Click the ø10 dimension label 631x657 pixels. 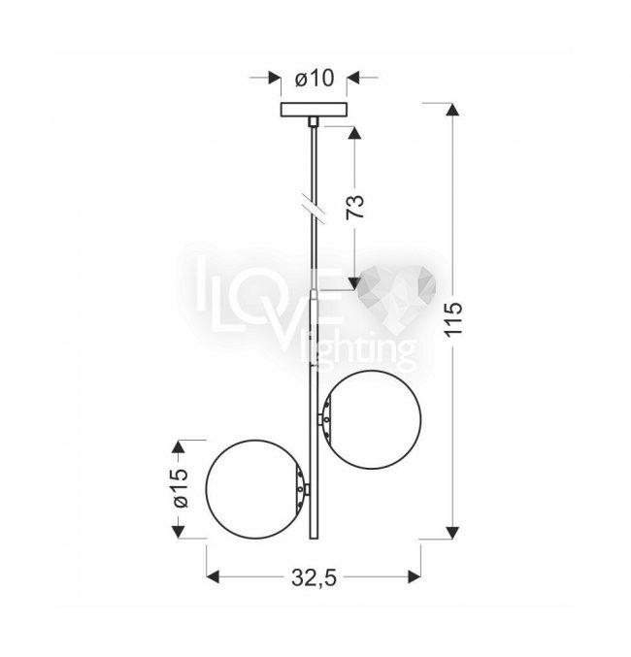coord(315,79)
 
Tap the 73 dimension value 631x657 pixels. coord(354,207)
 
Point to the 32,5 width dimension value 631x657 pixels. coord(314,578)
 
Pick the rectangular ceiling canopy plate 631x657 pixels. coord(314,110)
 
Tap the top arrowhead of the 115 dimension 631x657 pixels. coord(452,110)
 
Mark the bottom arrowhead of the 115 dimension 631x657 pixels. coord(452,532)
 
